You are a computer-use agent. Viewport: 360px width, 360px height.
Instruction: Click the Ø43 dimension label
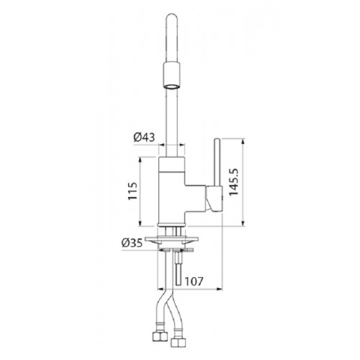144,138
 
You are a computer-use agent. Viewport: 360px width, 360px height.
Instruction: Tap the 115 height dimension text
132,191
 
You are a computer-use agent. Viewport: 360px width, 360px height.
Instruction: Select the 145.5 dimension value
233,182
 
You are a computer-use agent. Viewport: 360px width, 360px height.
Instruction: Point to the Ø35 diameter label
132,243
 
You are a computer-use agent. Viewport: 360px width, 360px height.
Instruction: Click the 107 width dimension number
194,282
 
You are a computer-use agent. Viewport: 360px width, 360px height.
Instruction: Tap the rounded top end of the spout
171,17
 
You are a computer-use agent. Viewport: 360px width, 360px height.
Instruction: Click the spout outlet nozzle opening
171,87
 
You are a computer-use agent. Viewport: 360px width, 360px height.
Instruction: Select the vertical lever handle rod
217,163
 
